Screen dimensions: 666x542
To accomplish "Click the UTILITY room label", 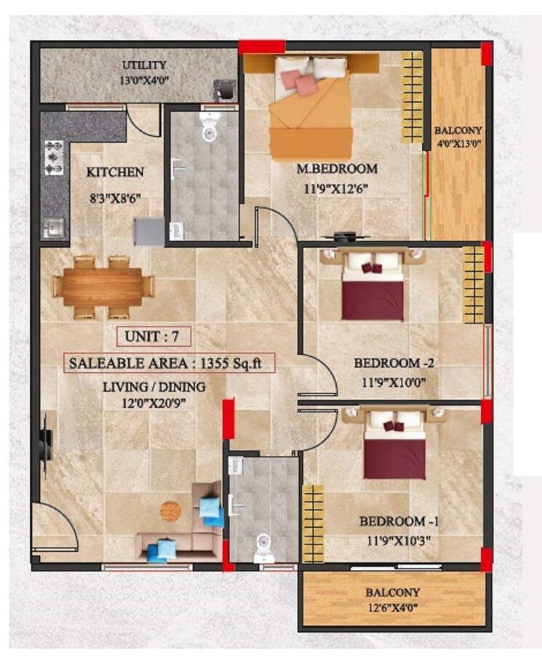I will [x=144, y=65].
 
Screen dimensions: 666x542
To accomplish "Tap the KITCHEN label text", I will [x=115, y=172].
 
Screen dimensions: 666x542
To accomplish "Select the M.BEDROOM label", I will [x=337, y=169].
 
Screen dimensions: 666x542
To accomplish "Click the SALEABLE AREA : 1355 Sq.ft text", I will [x=168, y=362].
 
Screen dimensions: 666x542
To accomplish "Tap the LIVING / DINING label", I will [x=154, y=387].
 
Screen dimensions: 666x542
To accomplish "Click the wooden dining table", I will [x=103, y=286].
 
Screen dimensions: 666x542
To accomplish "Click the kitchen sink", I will [x=52, y=228].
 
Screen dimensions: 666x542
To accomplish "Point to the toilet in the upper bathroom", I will [x=210, y=129].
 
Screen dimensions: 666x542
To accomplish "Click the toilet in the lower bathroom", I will [x=263, y=548].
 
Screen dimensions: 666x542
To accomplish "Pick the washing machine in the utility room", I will [x=224, y=90].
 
